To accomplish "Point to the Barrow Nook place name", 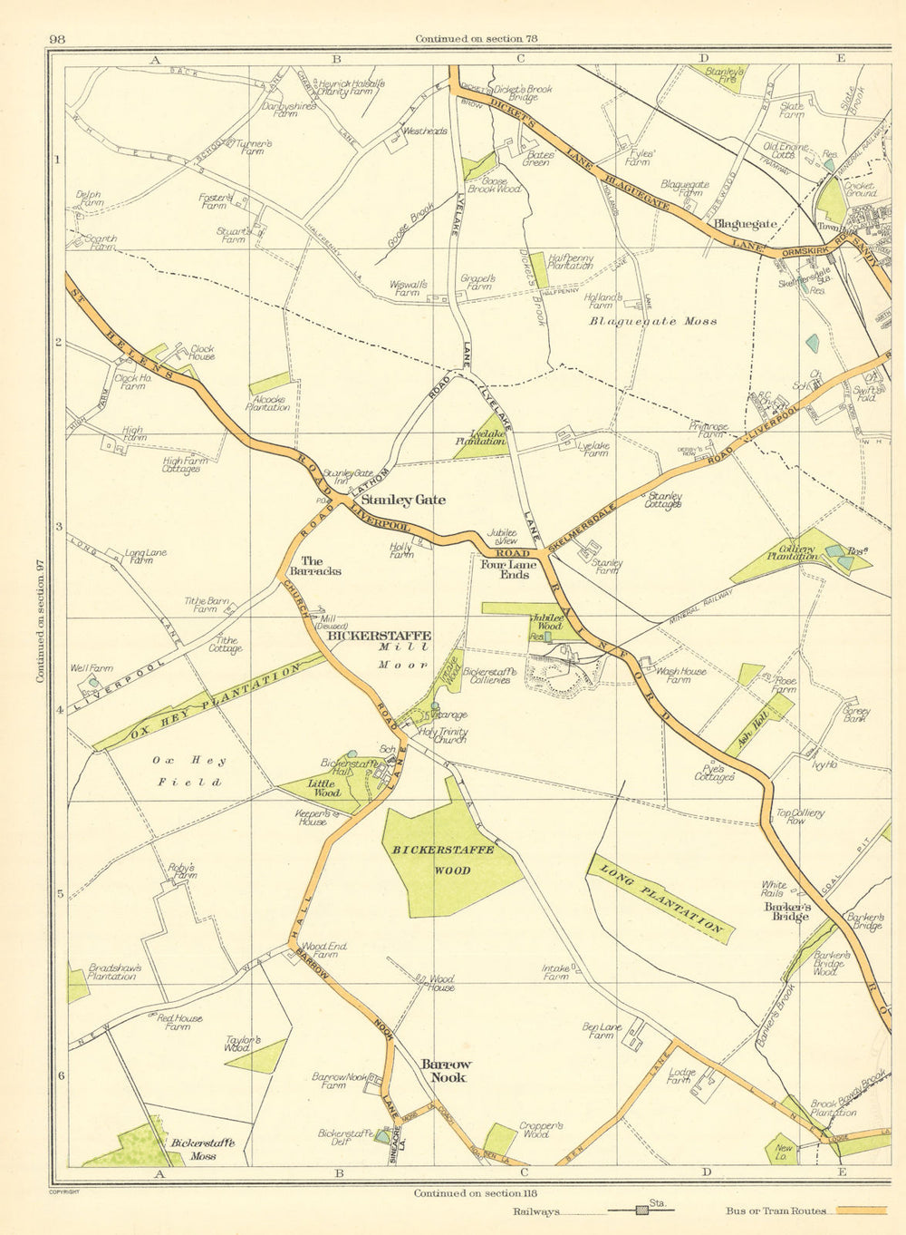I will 444,1070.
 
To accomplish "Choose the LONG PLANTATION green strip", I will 660,899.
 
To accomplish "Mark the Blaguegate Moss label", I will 653,321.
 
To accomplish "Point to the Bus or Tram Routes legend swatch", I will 860,1211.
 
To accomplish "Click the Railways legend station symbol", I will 642,1211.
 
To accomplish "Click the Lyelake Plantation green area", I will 480,438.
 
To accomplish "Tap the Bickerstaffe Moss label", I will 203,1150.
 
